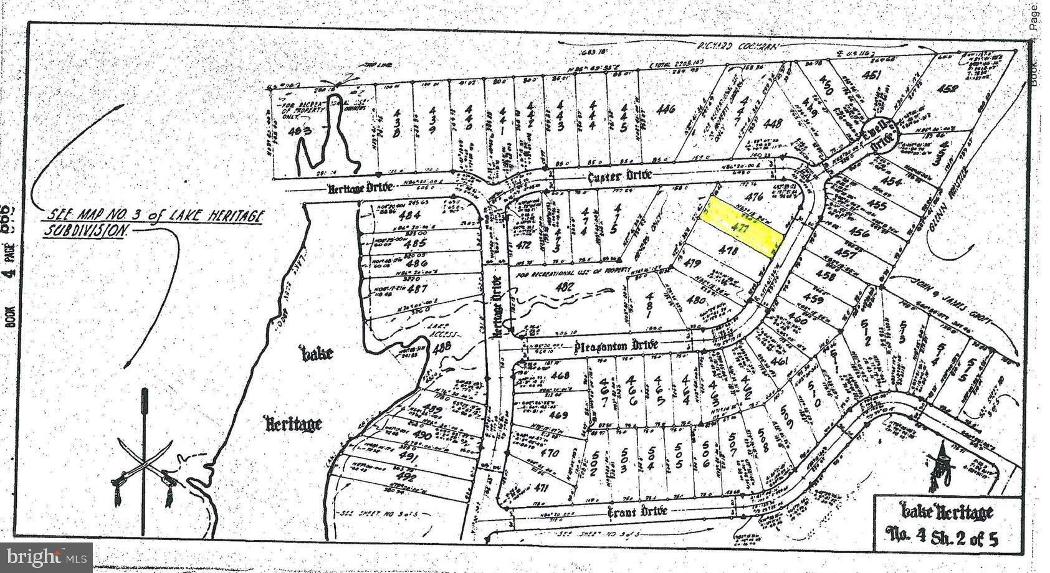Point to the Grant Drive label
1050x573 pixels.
(x=637, y=511)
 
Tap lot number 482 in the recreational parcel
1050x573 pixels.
(x=565, y=287)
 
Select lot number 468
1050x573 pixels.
(x=560, y=376)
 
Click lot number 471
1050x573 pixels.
(x=542, y=490)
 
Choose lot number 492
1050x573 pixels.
(x=406, y=478)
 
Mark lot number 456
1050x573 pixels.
(x=859, y=233)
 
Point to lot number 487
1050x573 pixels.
(x=416, y=290)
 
